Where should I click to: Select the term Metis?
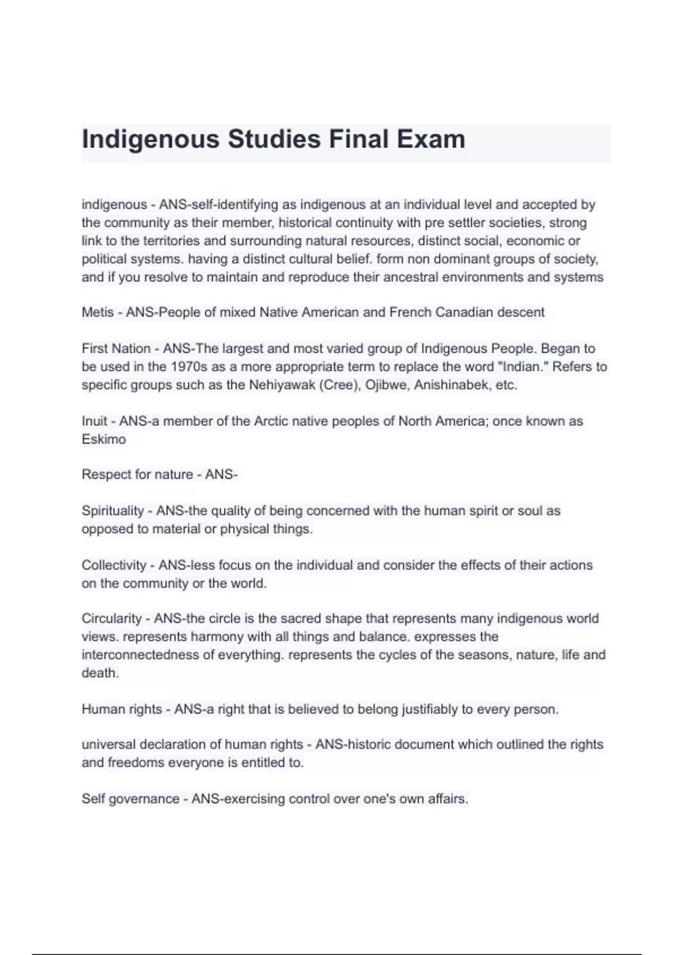97,312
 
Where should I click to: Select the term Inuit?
94,421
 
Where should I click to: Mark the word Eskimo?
103,439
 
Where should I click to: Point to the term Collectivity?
113,565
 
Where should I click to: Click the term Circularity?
111,619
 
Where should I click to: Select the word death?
100,673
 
